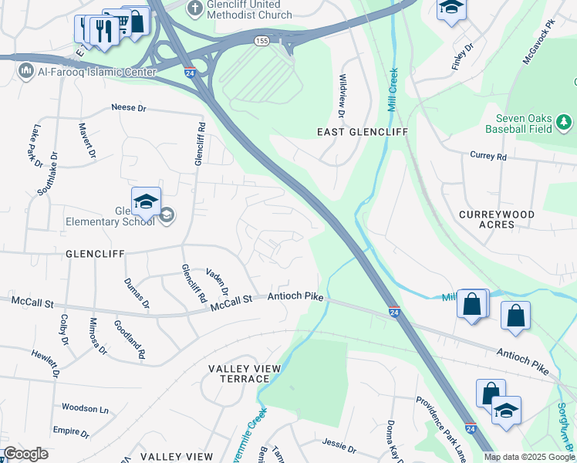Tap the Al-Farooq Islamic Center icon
click(25, 73)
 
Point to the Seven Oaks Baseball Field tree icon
click(564, 121)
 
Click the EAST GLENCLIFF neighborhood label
click(362, 132)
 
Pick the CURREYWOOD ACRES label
click(497, 218)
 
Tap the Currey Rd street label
click(488, 156)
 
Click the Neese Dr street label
click(128, 108)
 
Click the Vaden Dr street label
click(218, 282)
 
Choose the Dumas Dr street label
click(130, 293)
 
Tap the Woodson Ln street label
click(86, 408)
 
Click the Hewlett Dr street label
click(45, 362)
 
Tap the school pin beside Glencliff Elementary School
click(146, 202)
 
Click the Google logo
click(25, 455)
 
